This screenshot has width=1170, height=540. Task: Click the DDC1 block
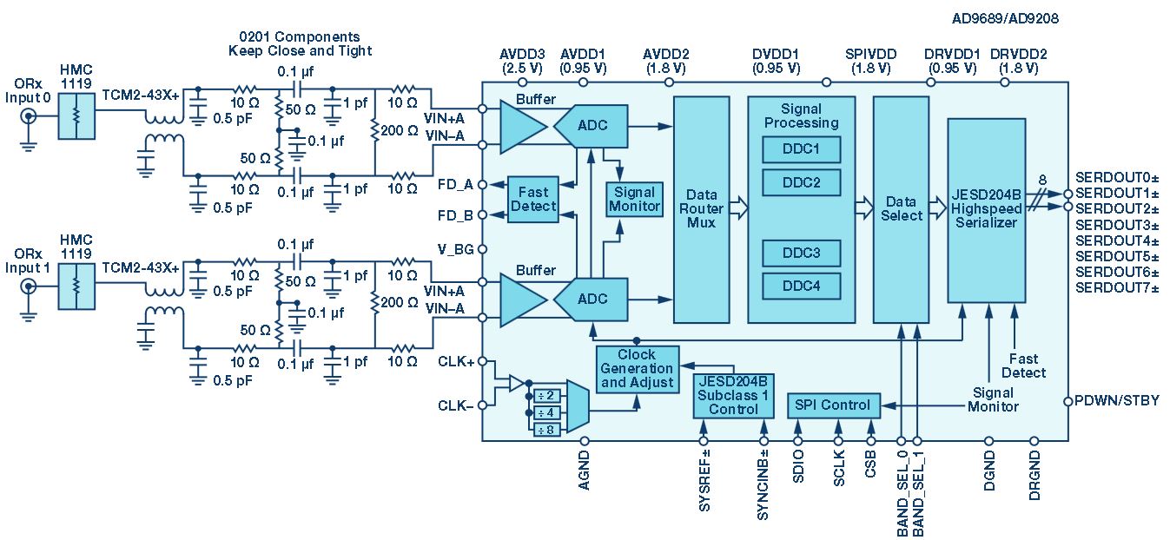[x=801, y=149]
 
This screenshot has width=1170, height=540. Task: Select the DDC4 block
[x=801, y=286]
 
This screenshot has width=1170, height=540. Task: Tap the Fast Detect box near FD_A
[x=533, y=200]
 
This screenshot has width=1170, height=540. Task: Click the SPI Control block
[x=834, y=405]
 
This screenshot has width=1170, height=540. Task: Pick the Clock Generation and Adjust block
[x=638, y=369]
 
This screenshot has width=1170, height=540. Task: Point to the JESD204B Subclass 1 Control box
[x=733, y=396]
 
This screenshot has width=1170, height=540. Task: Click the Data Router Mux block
[x=702, y=209]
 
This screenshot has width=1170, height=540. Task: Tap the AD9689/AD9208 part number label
[x=1005, y=19]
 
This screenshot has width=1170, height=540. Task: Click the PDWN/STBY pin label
[x=1117, y=400]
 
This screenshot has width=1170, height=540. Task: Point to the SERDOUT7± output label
[x=1117, y=287]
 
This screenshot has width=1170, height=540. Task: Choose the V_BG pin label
[x=455, y=250]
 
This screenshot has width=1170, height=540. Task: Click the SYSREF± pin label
[x=704, y=480]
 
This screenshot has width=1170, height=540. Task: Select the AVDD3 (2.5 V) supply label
[x=522, y=61]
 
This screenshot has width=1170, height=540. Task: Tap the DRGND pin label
[x=1034, y=476]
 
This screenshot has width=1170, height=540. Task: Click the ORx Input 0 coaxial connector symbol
[x=28, y=116]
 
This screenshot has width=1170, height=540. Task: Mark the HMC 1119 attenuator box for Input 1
[x=76, y=286]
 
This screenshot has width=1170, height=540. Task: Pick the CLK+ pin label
[x=456, y=361]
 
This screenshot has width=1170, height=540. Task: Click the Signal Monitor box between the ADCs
[x=635, y=200]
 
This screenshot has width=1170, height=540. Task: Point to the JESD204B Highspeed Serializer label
[x=986, y=209]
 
